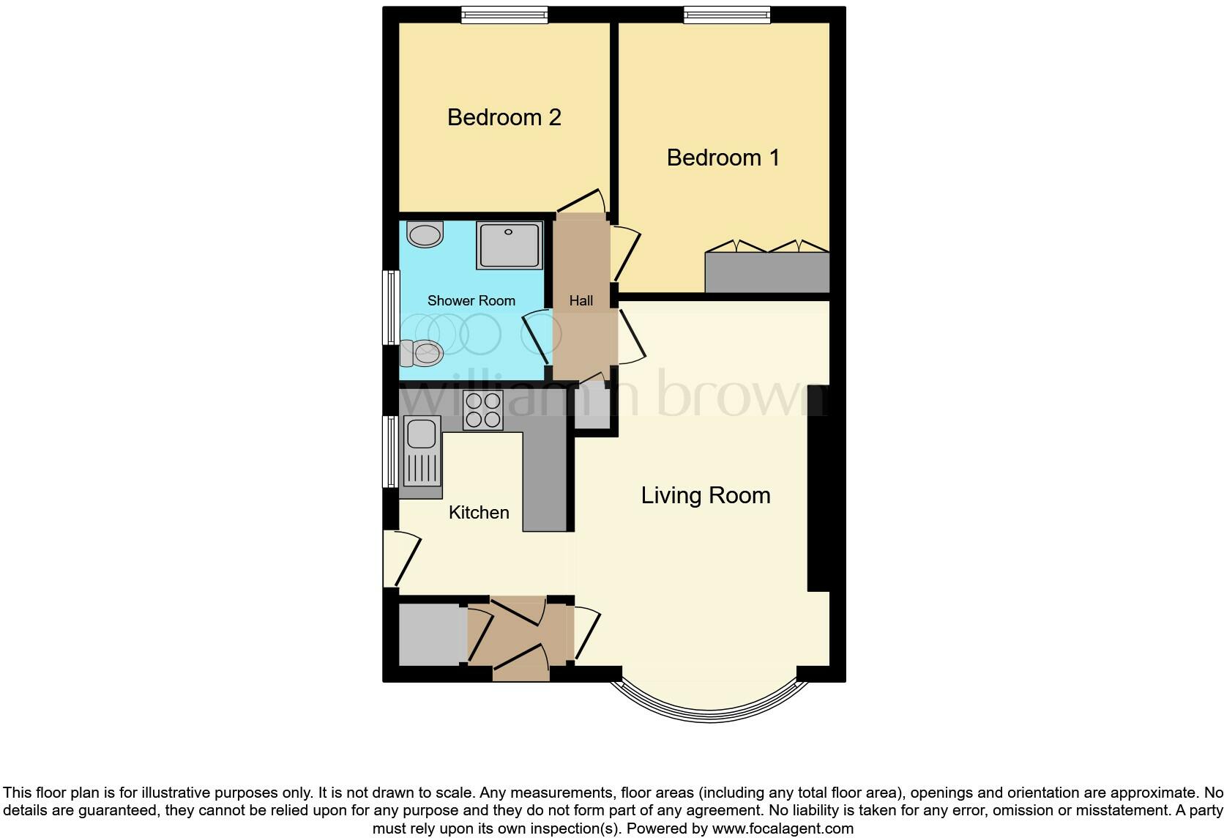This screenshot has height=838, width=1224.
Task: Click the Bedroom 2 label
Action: [504, 117]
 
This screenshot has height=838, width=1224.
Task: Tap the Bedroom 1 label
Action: [723, 157]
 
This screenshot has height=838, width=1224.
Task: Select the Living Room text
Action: [706, 495]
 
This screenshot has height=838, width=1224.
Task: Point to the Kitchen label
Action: [479, 512]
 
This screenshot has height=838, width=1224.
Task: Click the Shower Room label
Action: [471, 300]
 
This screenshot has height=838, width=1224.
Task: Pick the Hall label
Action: [581, 300]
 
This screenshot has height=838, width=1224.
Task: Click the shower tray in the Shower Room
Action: [510, 245]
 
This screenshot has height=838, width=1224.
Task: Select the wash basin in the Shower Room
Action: [425, 234]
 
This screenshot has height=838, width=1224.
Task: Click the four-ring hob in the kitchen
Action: [483, 410]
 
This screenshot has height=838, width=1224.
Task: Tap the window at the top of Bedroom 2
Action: [504, 15]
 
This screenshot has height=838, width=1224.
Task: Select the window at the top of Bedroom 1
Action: [727, 15]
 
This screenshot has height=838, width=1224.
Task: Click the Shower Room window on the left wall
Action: [392, 308]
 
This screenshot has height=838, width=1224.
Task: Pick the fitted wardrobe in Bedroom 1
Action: [766, 272]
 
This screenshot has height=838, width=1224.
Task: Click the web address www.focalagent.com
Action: [783, 829]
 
